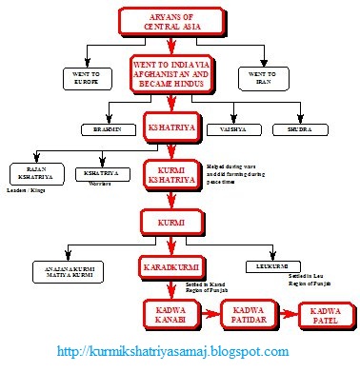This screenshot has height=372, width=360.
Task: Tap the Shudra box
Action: coord(294,128)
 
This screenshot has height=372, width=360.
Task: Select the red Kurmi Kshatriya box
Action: coord(170,174)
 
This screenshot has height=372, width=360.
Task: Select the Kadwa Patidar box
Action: coord(248,311)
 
